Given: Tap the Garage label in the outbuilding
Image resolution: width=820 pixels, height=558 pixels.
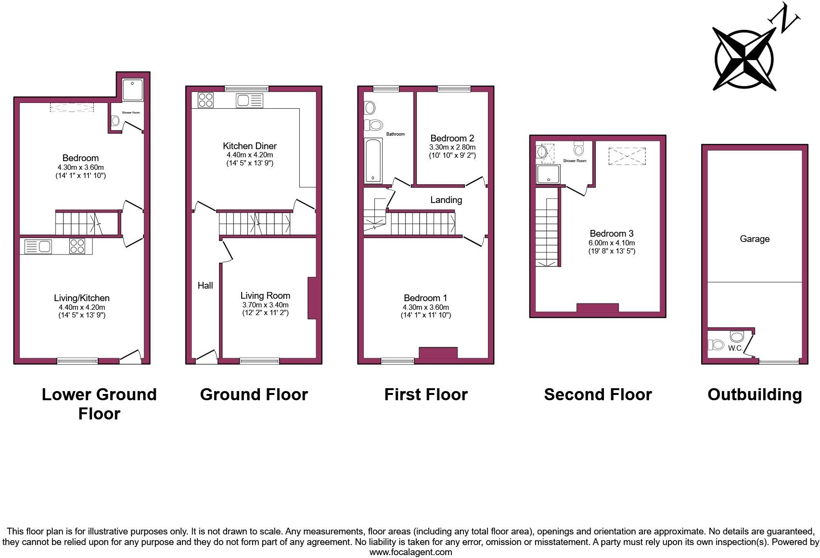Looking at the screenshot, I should [754, 239].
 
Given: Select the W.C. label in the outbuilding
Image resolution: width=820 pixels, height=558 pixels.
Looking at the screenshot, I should [735, 348].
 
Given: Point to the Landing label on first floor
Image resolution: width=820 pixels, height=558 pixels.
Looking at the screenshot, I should [446, 200].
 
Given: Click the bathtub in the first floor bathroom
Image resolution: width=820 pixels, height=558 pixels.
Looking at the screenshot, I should [373, 161].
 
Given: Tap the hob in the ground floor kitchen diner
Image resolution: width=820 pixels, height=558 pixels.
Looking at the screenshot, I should [205, 100].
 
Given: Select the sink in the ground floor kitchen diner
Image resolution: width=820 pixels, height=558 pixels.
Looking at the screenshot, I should [249, 101].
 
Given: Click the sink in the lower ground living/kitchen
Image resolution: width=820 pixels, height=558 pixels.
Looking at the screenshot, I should [38, 247].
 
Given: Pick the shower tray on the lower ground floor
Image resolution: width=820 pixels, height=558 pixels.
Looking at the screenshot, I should [132, 89].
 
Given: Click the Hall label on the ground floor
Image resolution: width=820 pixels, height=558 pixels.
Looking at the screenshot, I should [205, 286].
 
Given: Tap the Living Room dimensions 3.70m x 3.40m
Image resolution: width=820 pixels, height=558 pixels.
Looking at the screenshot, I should [265, 305].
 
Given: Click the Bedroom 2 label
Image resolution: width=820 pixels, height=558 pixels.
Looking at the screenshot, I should [452, 139].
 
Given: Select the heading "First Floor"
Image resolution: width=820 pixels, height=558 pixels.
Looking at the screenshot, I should [425, 394].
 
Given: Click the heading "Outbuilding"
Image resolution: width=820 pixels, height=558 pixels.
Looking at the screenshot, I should [754, 394].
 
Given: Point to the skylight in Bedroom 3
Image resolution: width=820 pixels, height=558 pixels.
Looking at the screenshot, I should [627, 156].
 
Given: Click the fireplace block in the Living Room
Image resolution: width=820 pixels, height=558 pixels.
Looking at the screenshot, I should [312, 298].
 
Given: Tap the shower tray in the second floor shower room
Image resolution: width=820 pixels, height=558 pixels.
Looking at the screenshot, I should [549, 174].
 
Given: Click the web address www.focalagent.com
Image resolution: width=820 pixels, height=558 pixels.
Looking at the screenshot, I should [410, 552].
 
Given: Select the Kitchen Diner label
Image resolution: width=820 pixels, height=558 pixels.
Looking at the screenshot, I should [249, 146].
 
